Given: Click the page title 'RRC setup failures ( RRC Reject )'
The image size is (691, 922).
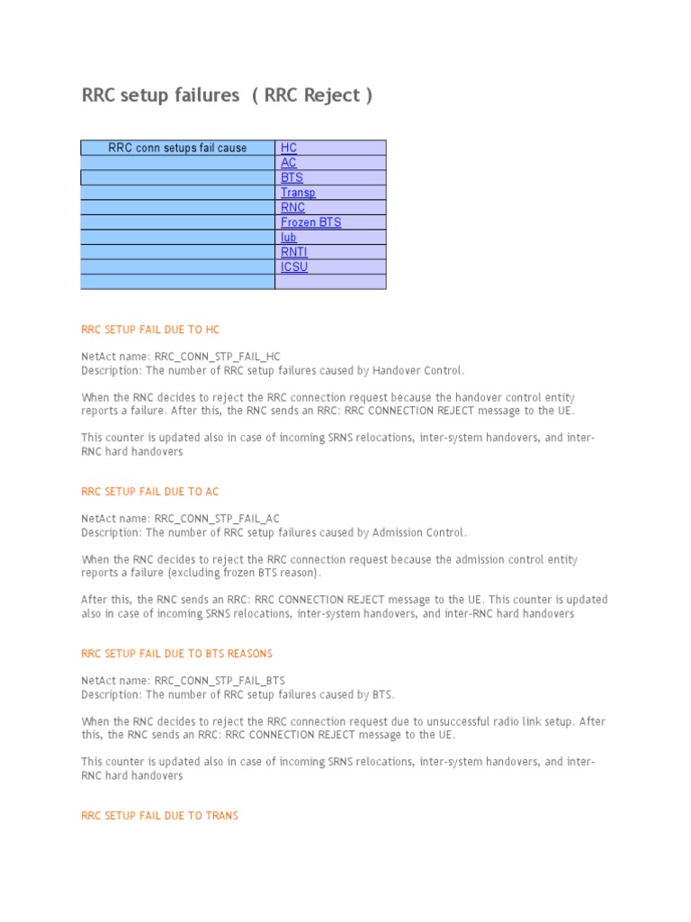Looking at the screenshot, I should [x=227, y=95].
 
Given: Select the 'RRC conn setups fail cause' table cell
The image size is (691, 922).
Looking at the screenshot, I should [x=177, y=148].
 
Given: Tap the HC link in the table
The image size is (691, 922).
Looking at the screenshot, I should [x=289, y=148].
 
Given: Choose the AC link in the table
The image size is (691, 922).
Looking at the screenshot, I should [x=289, y=163].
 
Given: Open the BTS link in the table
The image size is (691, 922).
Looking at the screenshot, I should [x=292, y=178].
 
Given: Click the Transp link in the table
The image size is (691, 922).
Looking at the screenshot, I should [x=298, y=193].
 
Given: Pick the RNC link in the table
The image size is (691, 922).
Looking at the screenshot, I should [x=292, y=207].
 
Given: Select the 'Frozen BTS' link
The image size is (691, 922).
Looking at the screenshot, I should [x=310, y=222].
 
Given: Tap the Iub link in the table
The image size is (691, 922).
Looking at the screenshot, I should [x=288, y=238].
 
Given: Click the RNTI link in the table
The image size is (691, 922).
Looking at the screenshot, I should [x=293, y=252].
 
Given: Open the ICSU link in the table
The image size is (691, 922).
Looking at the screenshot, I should [x=293, y=267].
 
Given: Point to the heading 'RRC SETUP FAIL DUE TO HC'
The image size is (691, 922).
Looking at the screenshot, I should [x=150, y=330].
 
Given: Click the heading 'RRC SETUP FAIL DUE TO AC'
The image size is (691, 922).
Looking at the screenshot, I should [x=150, y=493].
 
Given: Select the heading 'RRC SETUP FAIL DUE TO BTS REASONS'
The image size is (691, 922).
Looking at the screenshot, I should [x=176, y=654].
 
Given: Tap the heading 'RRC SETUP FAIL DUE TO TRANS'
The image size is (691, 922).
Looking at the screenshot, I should [x=160, y=816].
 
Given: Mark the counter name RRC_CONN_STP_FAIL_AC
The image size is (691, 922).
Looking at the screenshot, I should [x=217, y=519].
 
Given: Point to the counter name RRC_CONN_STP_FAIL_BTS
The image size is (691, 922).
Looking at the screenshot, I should [x=220, y=681].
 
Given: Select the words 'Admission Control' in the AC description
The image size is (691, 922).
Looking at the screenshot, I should [x=420, y=532].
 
